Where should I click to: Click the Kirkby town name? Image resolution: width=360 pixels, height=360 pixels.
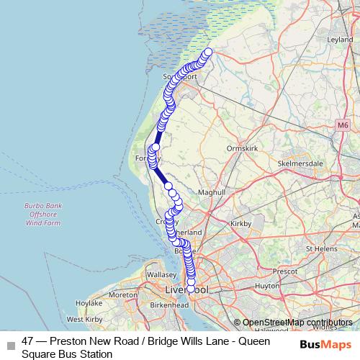click(x=240, y=225)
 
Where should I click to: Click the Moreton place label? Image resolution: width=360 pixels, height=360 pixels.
click(x=123, y=295)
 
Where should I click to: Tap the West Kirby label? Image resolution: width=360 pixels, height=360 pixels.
click(x=83, y=319)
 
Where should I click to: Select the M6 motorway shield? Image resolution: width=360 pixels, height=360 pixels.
click(x=341, y=125)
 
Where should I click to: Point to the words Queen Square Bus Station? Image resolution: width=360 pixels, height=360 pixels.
click(x=66, y=354)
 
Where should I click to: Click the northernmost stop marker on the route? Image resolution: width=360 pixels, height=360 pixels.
click(x=209, y=52)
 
